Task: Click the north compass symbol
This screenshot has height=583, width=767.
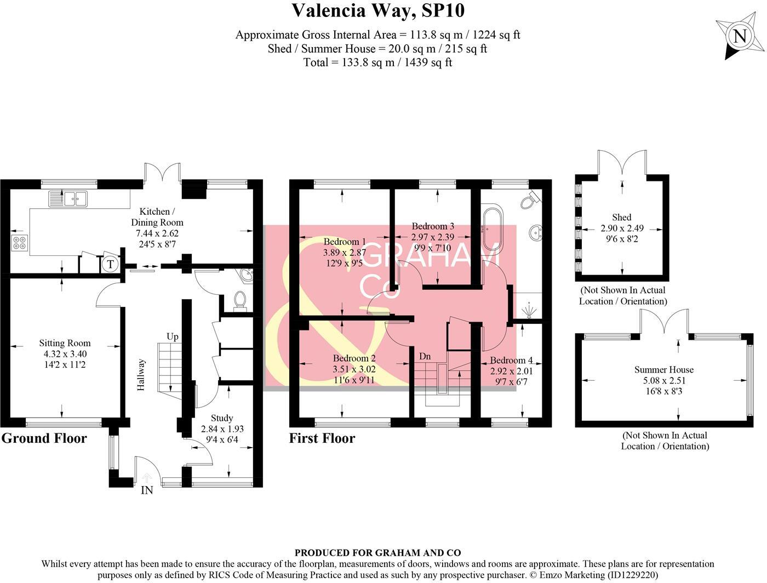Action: pyautogui.click(x=739, y=36)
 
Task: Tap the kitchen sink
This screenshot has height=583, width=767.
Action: pyautogui.click(x=68, y=198)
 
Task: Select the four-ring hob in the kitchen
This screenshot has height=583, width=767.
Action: pyautogui.click(x=19, y=243)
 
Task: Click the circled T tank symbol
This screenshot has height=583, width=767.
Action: pyautogui.click(x=111, y=265)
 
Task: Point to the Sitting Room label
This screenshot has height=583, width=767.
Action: pyautogui.click(x=65, y=343)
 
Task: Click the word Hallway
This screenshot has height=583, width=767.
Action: pyautogui.click(x=141, y=375)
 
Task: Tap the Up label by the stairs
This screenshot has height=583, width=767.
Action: pyautogui.click(x=173, y=336)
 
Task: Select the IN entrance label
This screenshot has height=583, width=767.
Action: pyautogui.click(x=147, y=490)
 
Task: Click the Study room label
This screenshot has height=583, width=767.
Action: pyautogui.click(x=222, y=418)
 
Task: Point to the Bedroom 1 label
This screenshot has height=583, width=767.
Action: pyautogui.click(x=345, y=242)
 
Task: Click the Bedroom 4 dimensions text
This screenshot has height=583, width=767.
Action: pyautogui.click(x=511, y=376)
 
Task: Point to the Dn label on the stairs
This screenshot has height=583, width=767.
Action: pyautogui.click(x=425, y=357)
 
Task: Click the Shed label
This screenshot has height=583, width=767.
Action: pyautogui.click(x=621, y=217)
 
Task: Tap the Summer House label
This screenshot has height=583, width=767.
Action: pyautogui.click(x=663, y=370)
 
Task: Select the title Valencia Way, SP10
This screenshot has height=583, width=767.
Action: pyautogui.click(x=377, y=10)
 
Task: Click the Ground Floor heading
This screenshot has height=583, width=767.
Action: pyautogui.click(x=44, y=438)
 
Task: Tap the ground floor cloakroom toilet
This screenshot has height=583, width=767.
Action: pyautogui.click(x=239, y=300)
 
